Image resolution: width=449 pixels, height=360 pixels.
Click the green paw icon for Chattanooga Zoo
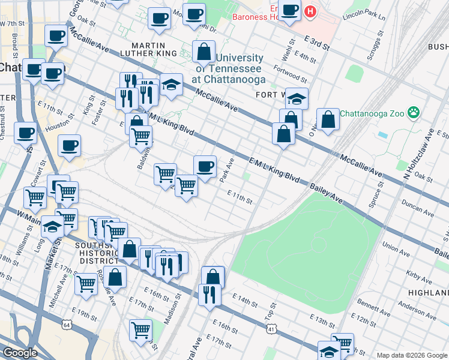413,112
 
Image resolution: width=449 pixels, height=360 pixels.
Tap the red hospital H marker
310,11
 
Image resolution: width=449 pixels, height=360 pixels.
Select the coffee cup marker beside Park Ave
205,166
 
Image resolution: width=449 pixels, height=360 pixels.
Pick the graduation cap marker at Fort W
297,98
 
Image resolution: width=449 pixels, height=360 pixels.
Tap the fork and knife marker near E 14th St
209,295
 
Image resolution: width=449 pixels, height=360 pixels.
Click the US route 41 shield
272,328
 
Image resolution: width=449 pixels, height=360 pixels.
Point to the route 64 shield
67,324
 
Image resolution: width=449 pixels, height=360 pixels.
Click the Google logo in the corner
20,352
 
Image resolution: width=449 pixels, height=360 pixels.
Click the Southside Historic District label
97,253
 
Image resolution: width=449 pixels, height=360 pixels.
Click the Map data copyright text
411,355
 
